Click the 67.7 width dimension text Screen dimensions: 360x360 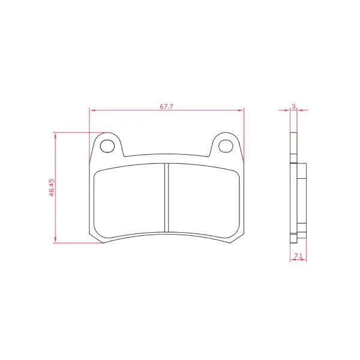pyautogui.click(x=166, y=107)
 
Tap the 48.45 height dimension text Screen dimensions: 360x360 pyautogui.click(x=52, y=188)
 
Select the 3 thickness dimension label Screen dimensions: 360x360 pyautogui.click(x=293, y=106)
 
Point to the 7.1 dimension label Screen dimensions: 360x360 pyautogui.click(x=298, y=256)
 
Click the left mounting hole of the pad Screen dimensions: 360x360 pyautogui.click(x=107, y=146)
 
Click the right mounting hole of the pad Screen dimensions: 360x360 pyautogui.click(x=226, y=146)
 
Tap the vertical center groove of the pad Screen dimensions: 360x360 pyautogui.click(x=167, y=197)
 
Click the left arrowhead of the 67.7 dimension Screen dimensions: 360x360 pyautogui.click(x=92, y=110)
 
